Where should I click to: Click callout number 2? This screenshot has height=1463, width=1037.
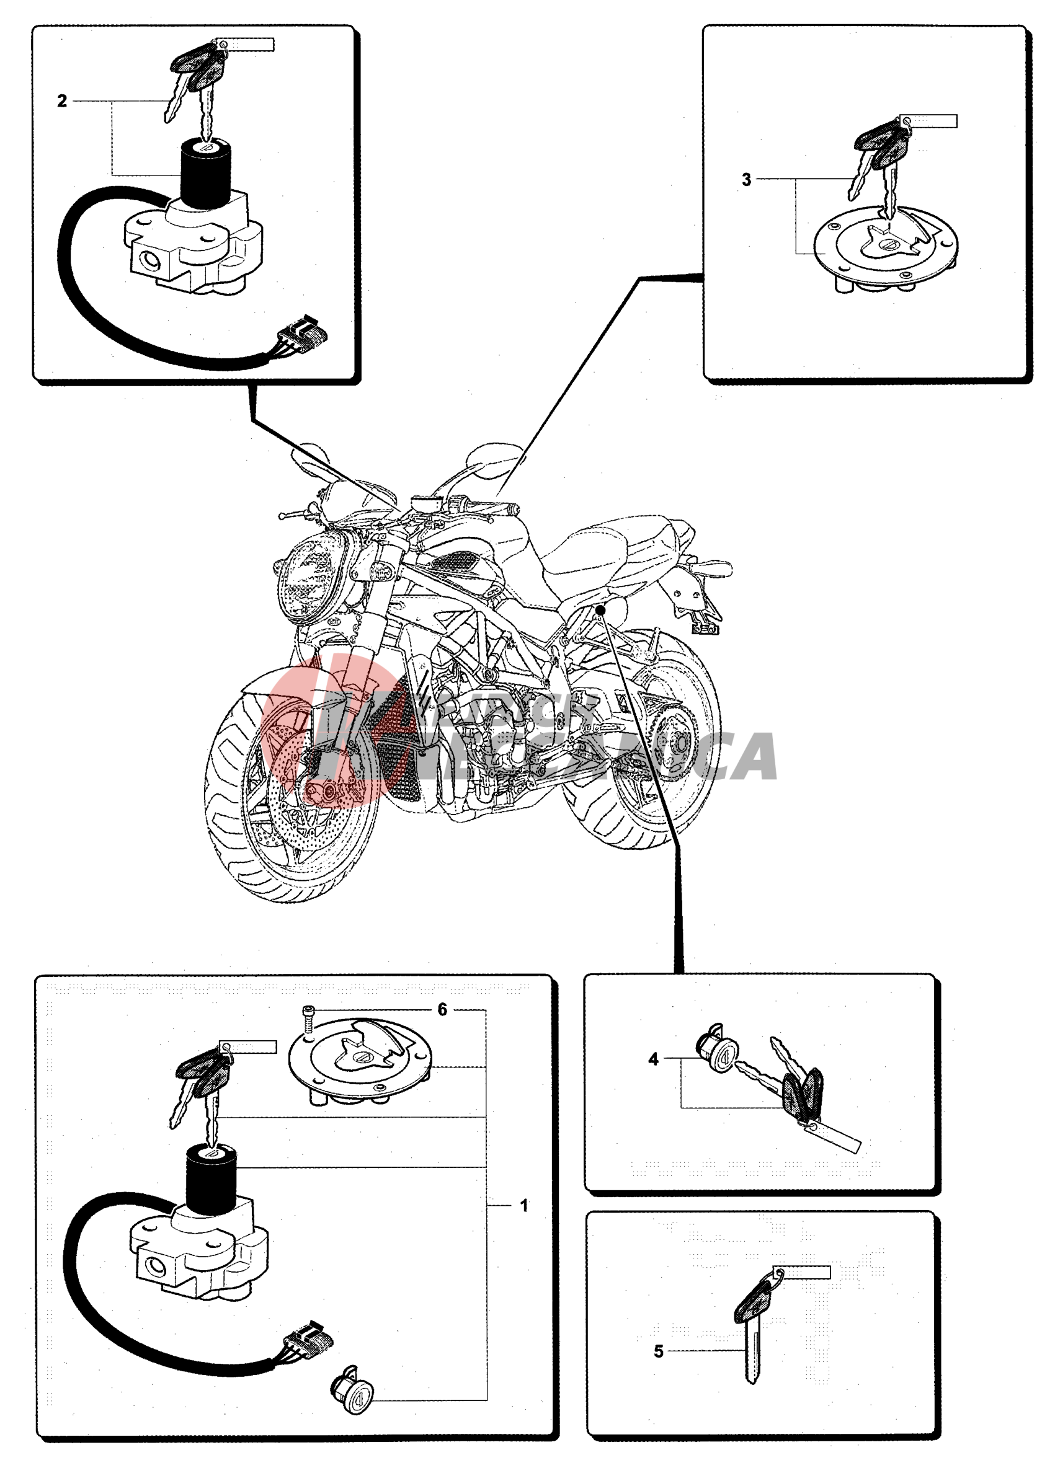coord(62,102)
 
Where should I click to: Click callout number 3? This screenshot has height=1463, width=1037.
coord(746,180)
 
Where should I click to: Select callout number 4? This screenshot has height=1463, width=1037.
coord(652,1059)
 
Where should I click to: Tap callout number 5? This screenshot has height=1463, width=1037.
coord(658,1351)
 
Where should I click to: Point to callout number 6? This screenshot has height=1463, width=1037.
coord(442,1010)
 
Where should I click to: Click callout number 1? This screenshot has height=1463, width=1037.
coord(523,1206)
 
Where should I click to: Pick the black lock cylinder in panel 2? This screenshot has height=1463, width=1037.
coord(205,172)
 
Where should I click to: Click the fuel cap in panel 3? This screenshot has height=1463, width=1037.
coord(886,249)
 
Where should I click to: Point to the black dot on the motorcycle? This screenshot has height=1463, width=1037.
coord(600,610)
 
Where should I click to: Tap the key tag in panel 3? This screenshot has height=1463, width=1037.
coord(928,122)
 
